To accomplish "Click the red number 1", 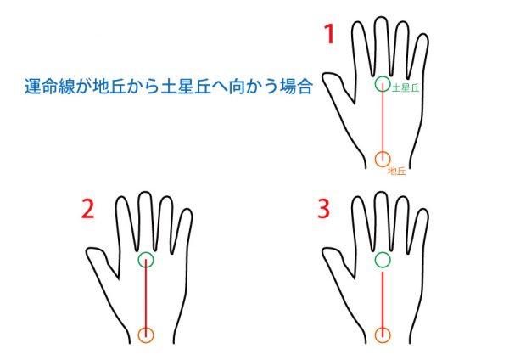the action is click(329, 34).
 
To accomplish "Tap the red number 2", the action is click(87, 209).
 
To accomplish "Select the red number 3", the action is click(324, 209).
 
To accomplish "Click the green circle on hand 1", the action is click(375, 83).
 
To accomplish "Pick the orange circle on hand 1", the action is click(375, 159).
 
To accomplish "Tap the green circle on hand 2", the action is click(138, 260).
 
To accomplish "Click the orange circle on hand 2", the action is click(138, 335).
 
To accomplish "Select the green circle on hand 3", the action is click(375, 260).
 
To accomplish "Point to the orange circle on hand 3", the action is click(375, 335).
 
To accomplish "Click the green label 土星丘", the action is click(406, 87).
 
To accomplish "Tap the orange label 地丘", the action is click(397, 171).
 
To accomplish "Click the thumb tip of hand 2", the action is click(87, 252).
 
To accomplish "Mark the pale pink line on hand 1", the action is click(383, 122).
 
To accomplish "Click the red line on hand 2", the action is click(146, 297).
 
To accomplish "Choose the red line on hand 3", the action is click(383, 305).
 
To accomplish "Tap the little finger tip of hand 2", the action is click(187, 210).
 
